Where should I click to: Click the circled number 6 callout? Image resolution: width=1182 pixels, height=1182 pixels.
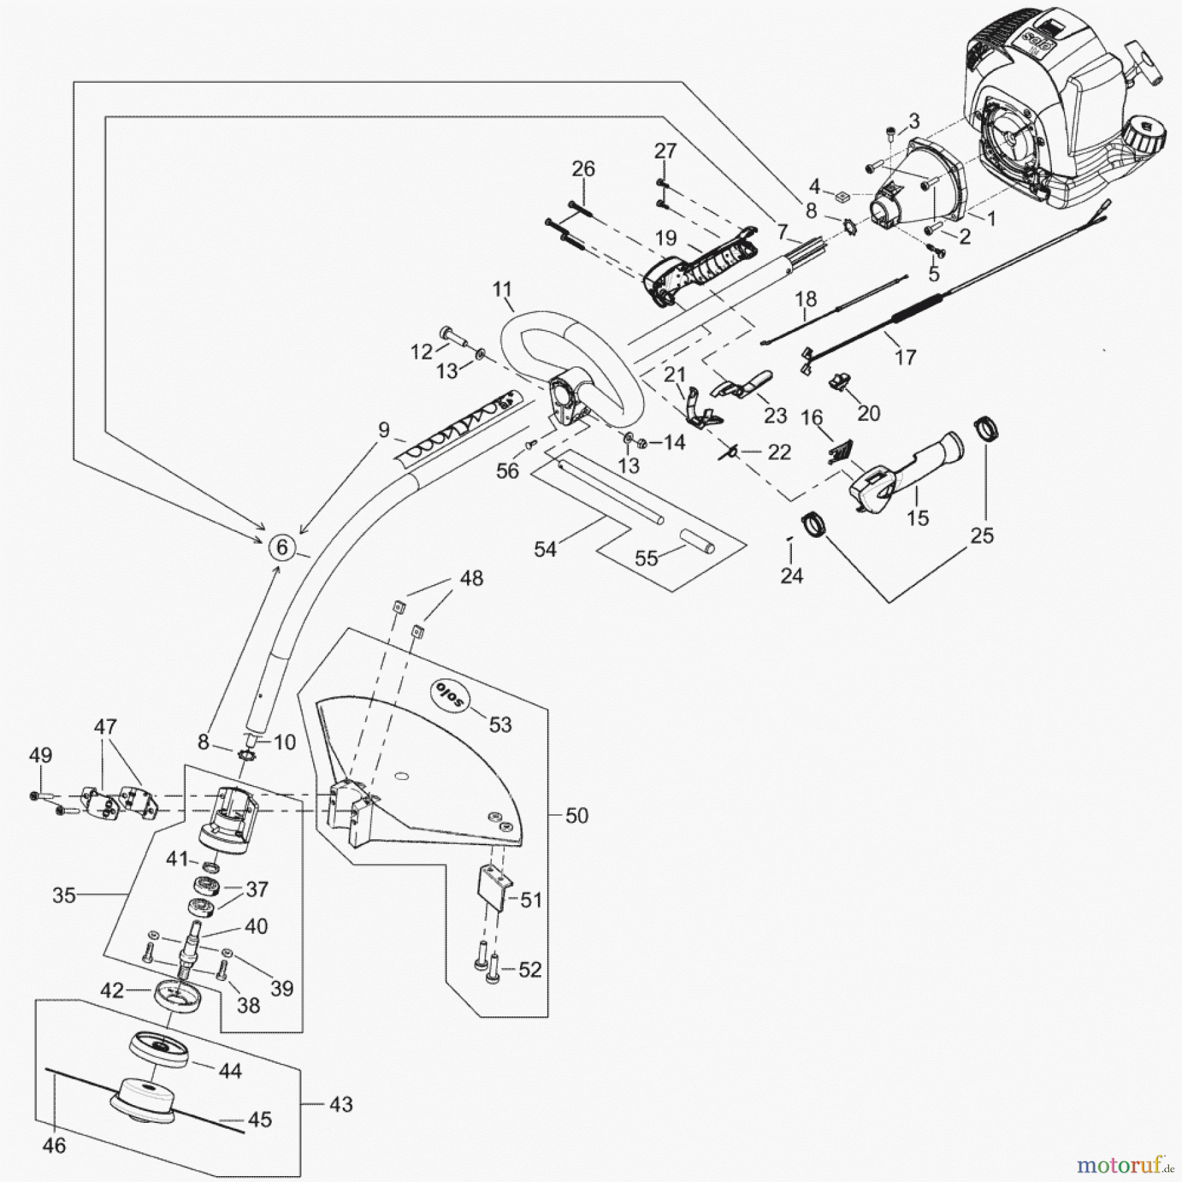click(282, 546)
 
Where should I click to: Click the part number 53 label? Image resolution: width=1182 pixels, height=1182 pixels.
click(500, 724)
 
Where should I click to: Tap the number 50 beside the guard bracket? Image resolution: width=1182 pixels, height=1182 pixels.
click(577, 816)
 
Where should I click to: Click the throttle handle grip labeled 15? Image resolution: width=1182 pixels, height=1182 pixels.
click(906, 470)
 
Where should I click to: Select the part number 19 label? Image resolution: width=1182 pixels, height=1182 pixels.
click(666, 238)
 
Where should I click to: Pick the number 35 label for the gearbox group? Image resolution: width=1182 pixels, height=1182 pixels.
click(64, 895)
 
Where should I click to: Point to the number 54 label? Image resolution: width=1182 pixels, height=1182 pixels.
click(545, 549)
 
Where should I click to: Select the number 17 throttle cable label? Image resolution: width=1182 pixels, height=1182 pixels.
click(905, 357)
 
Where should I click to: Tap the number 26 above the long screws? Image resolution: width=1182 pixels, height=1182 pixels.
click(583, 169)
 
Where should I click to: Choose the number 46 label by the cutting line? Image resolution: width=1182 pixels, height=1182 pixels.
click(54, 1145)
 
